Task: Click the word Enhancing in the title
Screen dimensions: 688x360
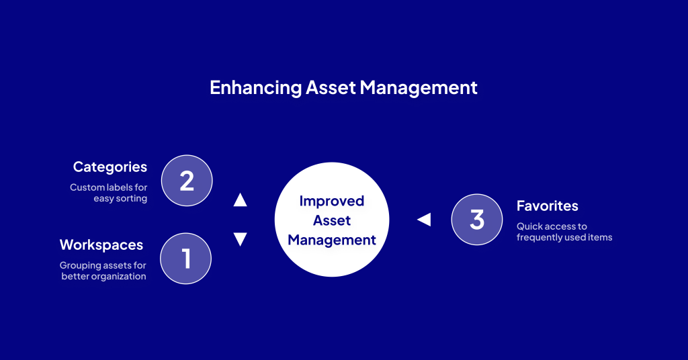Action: (255, 88)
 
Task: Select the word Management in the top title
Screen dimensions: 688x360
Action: (419, 89)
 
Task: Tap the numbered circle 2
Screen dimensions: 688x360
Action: (187, 180)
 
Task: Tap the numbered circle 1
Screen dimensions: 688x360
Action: (185, 259)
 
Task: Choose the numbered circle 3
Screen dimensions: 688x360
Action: (477, 219)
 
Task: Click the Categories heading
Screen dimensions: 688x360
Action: (110, 167)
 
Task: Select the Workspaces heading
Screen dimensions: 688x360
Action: (101, 245)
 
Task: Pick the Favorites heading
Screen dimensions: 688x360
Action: (547, 206)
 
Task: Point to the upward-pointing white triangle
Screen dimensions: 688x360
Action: (240, 200)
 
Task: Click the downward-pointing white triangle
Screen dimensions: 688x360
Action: (240, 239)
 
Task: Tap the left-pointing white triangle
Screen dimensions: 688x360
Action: (425, 219)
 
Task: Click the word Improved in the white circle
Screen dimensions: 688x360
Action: (332, 201)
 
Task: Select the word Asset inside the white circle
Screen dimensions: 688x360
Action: (332, 220)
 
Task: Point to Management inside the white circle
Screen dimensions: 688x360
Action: (332, 240)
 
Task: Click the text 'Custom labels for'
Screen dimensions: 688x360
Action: (108, 187)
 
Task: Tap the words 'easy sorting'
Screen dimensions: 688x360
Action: (120, 199)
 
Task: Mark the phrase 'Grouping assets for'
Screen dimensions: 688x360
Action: (103, 265)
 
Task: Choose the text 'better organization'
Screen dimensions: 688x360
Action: (103, 276)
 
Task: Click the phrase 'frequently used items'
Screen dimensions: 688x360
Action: (564, 237)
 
